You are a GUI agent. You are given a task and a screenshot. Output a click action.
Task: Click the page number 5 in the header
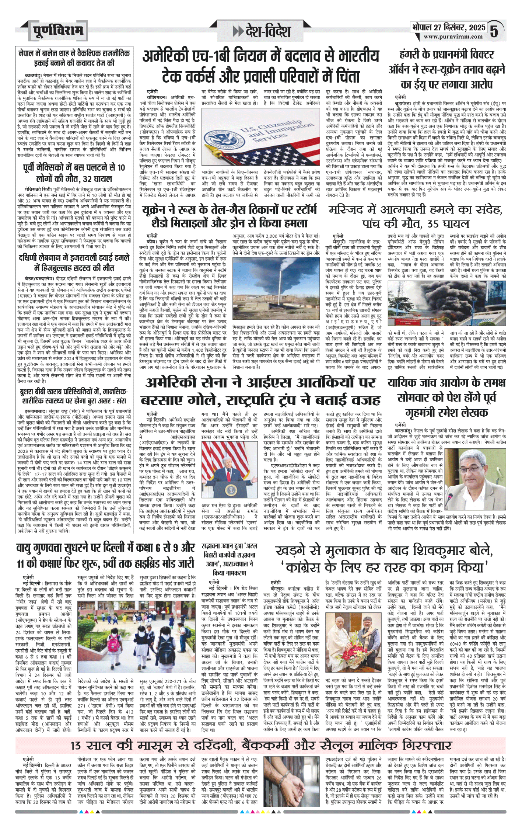click(x=494, y=31)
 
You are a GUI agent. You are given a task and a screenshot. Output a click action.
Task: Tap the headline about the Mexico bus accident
click(x=74, y=173)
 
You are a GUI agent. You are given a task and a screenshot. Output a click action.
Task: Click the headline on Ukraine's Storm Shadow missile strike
click(x=229, y=216)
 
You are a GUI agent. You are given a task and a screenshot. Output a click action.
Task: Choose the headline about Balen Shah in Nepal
click(x=74, y=58)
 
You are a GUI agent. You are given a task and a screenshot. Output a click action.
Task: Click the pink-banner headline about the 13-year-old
click(x=261, y=745)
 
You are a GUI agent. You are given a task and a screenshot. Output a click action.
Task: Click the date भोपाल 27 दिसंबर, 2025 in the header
click(x=448, y=28)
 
